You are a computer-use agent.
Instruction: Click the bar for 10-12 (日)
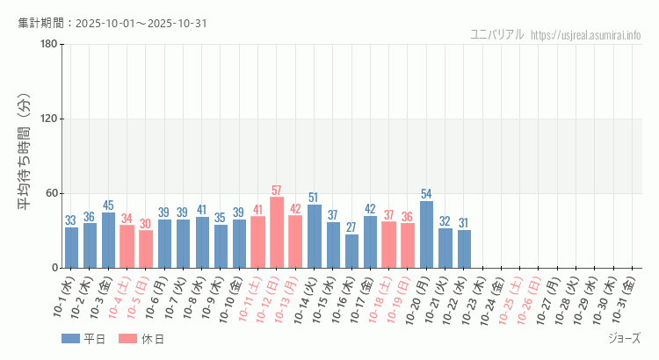pos(277,233)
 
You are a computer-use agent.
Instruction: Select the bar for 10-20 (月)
pos(426,234)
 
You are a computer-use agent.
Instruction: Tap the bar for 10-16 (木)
pos(351,251)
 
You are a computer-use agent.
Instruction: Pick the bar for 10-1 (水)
pos(71,248)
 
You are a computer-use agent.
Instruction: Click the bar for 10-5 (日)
pos(146,249)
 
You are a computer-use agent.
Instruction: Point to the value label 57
pos(277,191)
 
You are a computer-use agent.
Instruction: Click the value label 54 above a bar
pos(426,194)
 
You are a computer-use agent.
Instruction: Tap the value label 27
pos(351,227)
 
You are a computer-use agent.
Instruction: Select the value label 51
pos(314,198)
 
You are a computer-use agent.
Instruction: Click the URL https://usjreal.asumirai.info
pos(587,35)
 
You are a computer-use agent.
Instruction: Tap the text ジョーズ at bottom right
pos(624,338)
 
